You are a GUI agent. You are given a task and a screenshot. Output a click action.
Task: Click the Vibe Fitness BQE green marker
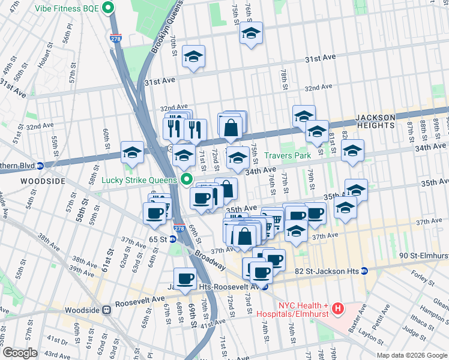[109, 8]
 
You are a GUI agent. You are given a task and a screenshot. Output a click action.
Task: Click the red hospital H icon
[338, 309]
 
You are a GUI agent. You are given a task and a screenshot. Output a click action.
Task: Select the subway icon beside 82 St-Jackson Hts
[364, 271]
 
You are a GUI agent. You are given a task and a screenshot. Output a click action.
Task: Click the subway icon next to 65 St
[173, 239]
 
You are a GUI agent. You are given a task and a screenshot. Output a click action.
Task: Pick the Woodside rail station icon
[106, 310]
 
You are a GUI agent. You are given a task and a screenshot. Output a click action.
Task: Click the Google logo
[20, 353]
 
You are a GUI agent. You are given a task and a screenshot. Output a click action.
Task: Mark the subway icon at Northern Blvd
[40, 166]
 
